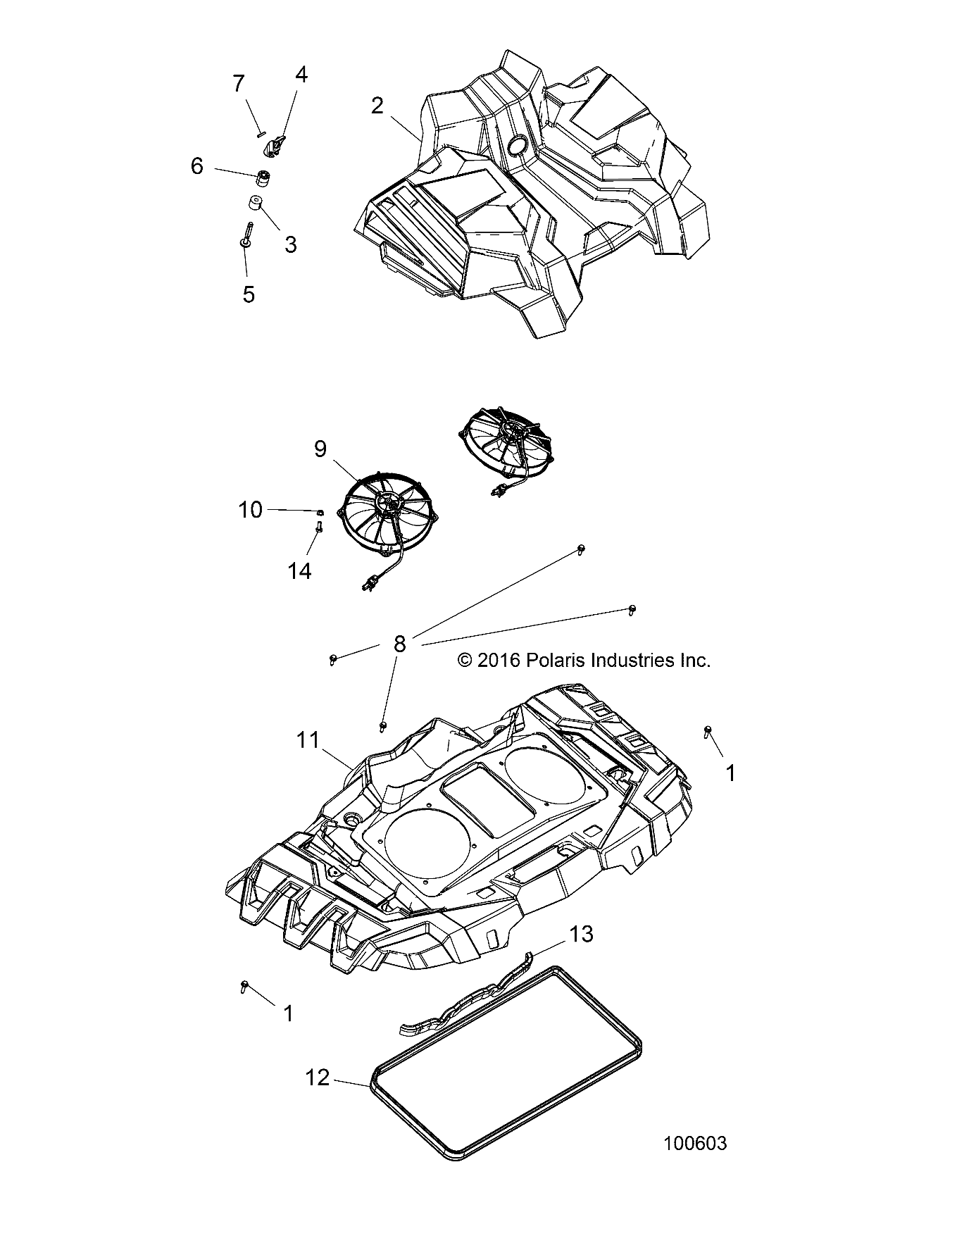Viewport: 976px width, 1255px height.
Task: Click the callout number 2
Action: click(377, 106)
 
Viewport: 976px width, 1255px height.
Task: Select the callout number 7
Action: click(239, 84)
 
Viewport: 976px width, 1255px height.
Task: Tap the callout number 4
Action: click(301, 75)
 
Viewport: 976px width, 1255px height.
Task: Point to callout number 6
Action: click(196, 166)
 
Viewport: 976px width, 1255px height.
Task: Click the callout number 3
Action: click(290, 244)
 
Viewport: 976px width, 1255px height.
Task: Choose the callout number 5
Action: click(249, 294)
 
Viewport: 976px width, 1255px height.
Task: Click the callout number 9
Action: click(320, 449)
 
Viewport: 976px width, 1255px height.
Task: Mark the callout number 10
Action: click(250, 509)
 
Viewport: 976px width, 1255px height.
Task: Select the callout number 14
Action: click(299, 570)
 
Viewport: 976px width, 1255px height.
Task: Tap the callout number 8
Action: click(400, 644)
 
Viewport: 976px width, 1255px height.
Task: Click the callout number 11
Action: click(308, 740)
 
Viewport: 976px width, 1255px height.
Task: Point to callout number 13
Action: click(581, 934)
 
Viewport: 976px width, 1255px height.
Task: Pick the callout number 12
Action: click(318, 1078)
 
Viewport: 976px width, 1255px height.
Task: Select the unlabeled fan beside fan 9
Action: click(506, 442)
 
